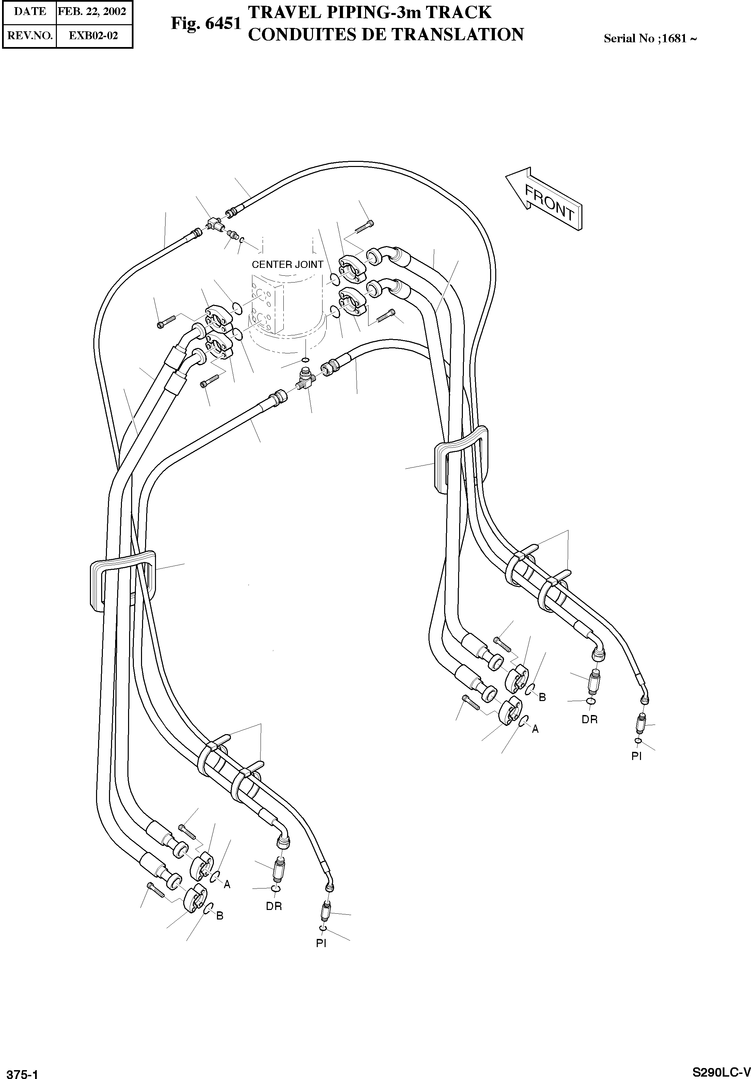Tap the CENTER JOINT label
coord(287,264)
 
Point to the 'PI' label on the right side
coord(637,756)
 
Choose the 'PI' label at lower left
coord(321,943)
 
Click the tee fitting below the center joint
coord(306,377)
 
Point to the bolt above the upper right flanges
coord(364,228)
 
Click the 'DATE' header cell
coord(30,11)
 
